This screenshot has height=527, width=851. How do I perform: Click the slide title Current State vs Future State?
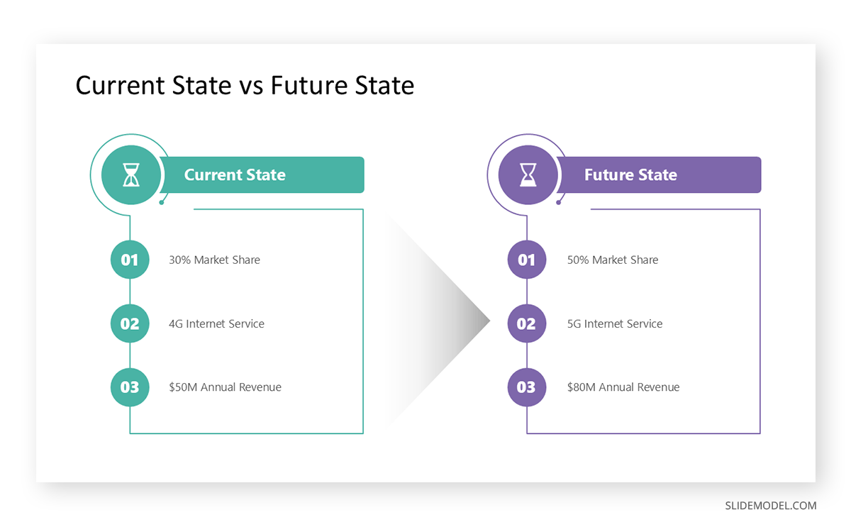click(245, 86)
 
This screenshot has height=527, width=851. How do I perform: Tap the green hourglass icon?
click(130, 174)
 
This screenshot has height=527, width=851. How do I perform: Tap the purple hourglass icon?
click(528, 174)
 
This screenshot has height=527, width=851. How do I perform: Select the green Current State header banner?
click(262, 175)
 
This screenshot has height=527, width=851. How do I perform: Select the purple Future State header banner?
click(660, 175)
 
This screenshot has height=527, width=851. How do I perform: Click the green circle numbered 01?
click(130, 260)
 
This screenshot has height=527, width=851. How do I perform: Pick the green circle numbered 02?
click(130, 323)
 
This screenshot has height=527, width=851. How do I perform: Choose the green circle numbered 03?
click(130, 387)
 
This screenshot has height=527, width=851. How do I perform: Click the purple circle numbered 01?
click(527, 260)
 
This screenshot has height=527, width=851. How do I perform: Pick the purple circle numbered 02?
click(527, 323)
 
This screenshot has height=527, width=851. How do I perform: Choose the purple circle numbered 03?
click(527, 387)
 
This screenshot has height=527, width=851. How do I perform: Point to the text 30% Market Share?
click(214, 260)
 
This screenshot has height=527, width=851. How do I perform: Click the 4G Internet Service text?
click(216, 324)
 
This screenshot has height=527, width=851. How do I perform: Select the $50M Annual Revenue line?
click(225, 387)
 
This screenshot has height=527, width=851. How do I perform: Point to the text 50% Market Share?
click(613, 260)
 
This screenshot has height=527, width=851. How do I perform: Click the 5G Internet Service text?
click(615, 324)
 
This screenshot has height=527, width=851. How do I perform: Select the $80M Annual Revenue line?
click(623, 387)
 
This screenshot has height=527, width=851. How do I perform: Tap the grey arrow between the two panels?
click(454, 321)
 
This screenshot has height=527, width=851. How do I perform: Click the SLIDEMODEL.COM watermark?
click(770, 506)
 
